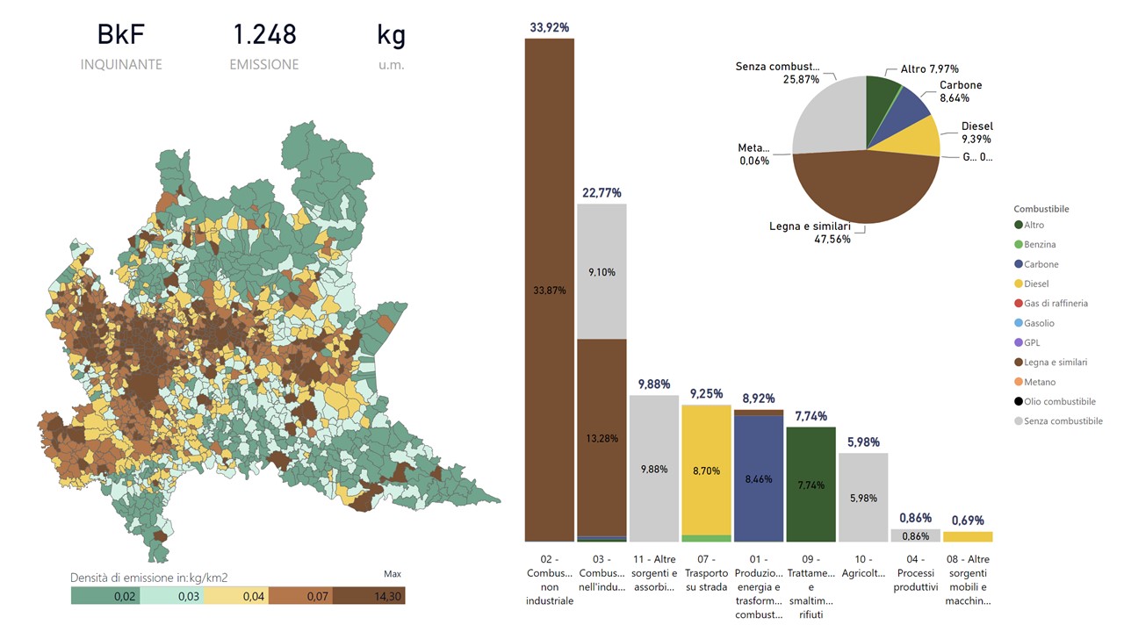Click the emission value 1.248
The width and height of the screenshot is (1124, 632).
click(x=264, y=35)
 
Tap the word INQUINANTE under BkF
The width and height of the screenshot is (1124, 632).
click(x=121, y=65)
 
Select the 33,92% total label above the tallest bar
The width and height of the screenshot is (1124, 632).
click(x=549, y=27)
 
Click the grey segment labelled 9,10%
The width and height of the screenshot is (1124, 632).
click(x=602, y=272)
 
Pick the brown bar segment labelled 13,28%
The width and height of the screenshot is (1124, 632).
click(x=602, y=439)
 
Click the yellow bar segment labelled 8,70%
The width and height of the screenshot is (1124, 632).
click(x=706, y=470)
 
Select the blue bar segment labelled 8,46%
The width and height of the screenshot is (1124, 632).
click(x=759, y=479)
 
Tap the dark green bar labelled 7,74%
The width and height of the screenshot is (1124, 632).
click(x=811, y=485)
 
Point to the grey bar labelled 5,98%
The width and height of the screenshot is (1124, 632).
click(x=863, y=498)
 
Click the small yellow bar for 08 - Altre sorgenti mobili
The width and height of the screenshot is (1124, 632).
click(x=968, y=536)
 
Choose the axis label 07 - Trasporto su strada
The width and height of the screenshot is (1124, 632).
click(x=706, y=572)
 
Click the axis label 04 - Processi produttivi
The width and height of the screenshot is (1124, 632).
click(x=916, y=572)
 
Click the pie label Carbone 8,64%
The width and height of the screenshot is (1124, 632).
click(x=961, y=92)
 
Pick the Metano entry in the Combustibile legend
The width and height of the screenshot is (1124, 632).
click(x=1040, y=383)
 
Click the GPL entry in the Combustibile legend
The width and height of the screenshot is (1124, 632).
click(x=1033, y=343)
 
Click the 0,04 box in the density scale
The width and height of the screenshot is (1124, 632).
click(x=236, y=596)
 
